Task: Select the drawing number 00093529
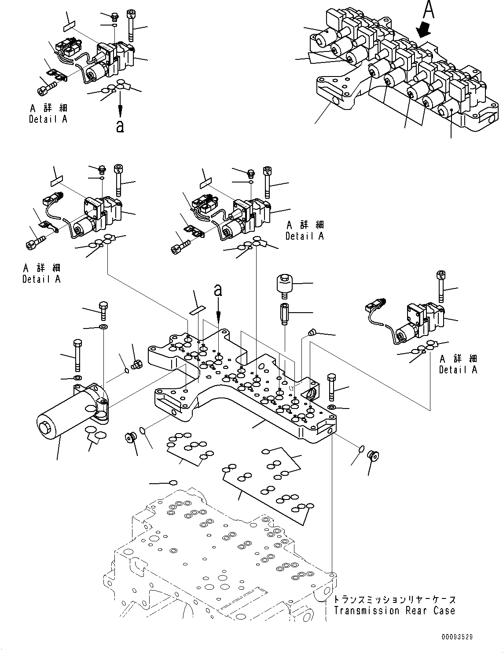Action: [x=458, y=636]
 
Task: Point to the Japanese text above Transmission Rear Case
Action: [x=394, y=599]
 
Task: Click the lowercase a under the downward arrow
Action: [x=120, y=126]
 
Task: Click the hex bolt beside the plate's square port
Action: [x=331, y=385]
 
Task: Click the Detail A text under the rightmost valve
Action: [x=458, y=370]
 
